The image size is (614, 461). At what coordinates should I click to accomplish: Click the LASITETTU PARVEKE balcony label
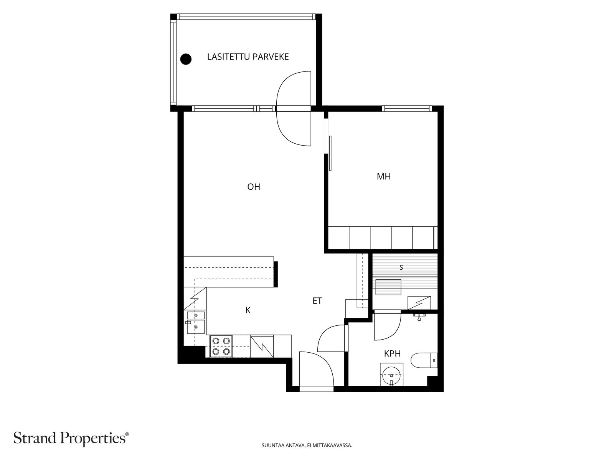click(x=248, y=57)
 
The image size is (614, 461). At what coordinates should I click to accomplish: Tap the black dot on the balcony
click(x=186, y=59)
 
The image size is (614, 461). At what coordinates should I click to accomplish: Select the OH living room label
click(x=254, y=187)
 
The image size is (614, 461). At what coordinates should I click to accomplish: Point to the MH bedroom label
click(x=383, y=176)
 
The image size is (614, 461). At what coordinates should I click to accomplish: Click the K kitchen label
click(x=248, y=310)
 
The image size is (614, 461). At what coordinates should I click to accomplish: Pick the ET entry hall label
click(x=317, y=301)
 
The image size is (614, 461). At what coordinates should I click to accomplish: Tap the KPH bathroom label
click(x=392, y=354)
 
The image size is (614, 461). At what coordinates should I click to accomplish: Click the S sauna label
click(x=401, y=267)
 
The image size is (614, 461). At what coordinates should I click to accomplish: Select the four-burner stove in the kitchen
click(x=221, y=346)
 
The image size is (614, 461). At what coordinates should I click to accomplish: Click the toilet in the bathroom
click(x=424, y=360)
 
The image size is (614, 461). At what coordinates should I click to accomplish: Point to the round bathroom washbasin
click(x=391, y=375)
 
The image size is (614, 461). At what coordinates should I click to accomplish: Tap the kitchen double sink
click(x=196, y=322)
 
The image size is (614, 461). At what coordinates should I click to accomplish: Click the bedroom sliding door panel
click(x=330, y=153)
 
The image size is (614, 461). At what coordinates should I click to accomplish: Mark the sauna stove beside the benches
click(x=419, y=303)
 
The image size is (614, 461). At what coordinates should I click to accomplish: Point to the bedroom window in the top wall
click(x=407, y=109)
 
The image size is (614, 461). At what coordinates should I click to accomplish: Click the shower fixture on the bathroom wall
click(x=419, y=317)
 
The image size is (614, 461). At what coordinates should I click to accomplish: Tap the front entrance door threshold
click(x=316, y=389)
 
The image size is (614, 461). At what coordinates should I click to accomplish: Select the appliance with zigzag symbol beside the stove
click(x=262, y=346)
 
